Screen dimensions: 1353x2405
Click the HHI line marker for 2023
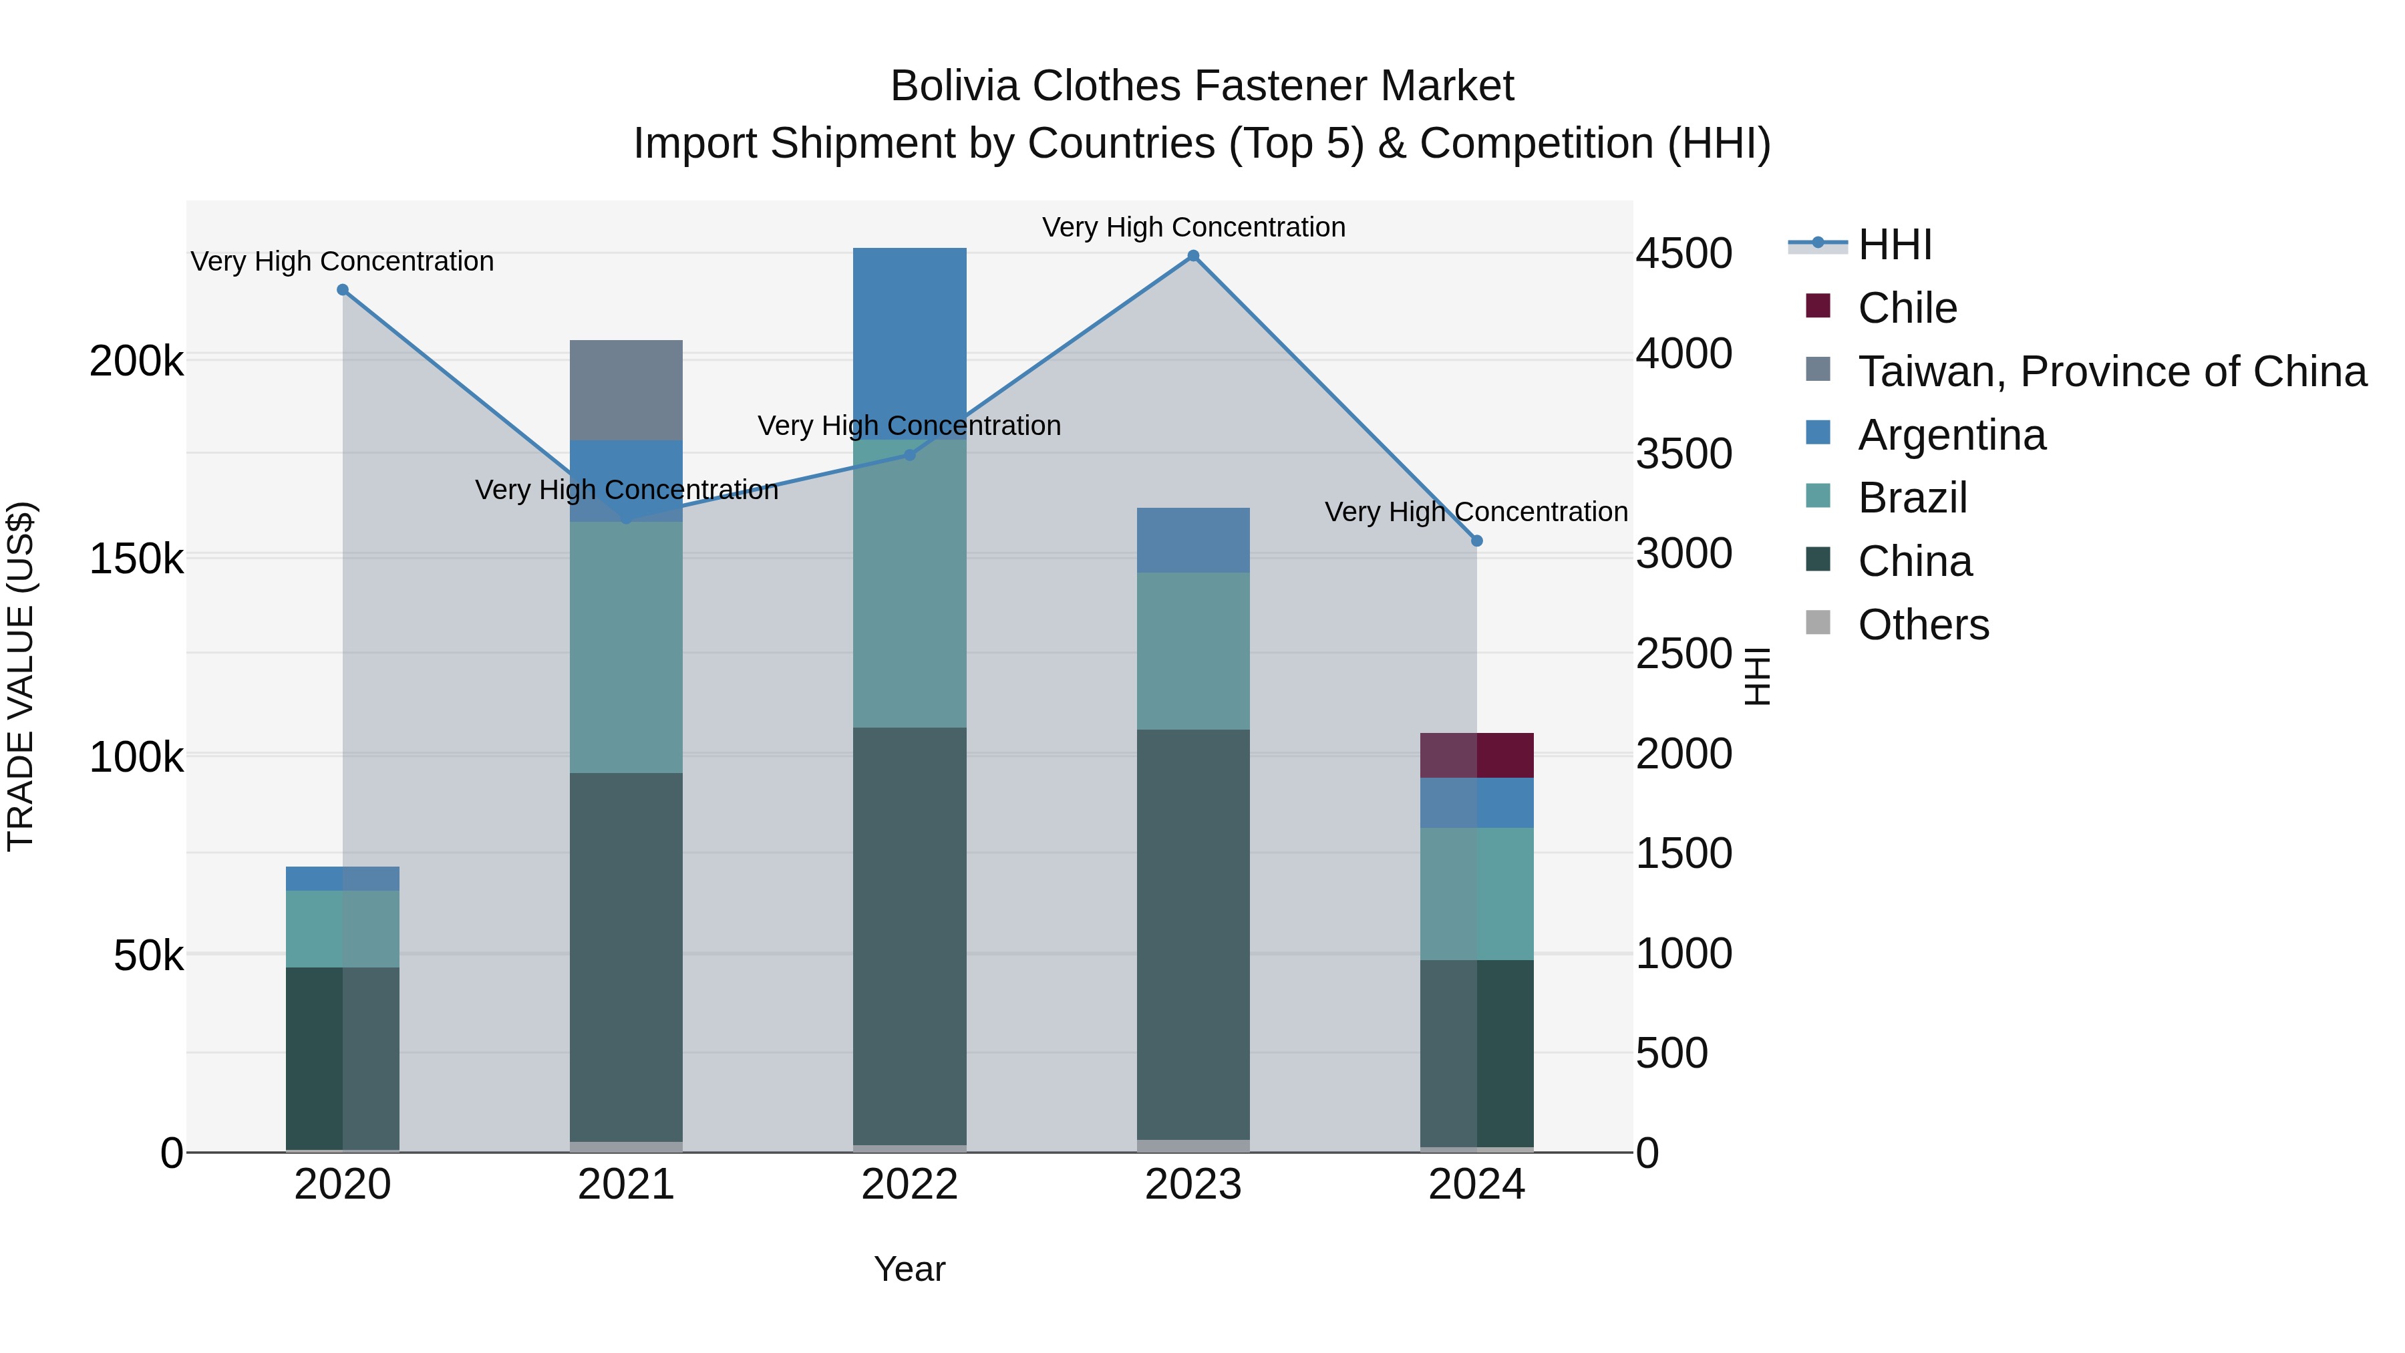pyautogui.click(x=1193, y=256)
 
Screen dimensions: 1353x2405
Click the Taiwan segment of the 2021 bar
pyautogui.click(x=625, y=390)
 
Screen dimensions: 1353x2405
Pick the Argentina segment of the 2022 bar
pyautogui.click(x=909, y=343)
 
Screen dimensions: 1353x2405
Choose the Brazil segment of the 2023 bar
pyautogui.click(x=1193, y=651)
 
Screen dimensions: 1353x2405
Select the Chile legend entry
pyautogui.click(x=1907, y=308)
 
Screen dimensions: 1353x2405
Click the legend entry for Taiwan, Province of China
pyautogui.click(x=2112, y=371)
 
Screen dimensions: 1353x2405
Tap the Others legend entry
pyautogui.click(x=1923, y=625)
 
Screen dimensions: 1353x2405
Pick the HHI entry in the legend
pyautogui.click(x=1895, y=245)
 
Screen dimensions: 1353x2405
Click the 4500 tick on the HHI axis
pyautogui.click(x=1683, y=254)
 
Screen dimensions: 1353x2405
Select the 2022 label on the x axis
pyautogui.click(x=909, y=1185)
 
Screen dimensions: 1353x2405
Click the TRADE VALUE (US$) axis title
pyautogui.click(x=21, y=676)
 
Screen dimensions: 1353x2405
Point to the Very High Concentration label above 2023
pyautogui.click(x=1193, y=227)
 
